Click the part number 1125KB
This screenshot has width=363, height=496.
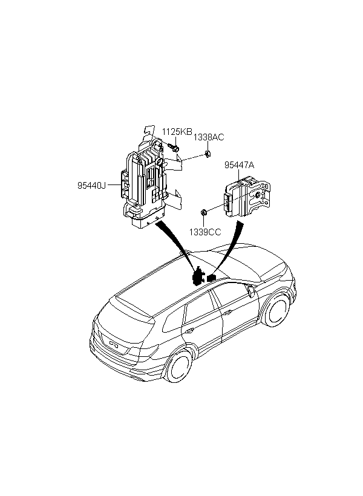(x=177, y=132)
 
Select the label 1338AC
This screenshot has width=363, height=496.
(x=209, y=137)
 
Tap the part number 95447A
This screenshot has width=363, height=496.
(x=239, y=165)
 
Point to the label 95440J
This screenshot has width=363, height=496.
(x=91, y=185)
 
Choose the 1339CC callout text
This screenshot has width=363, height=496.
(x=205, y=232)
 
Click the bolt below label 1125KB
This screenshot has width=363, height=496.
(x=174, y=147)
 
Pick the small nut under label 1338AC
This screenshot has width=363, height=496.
(x=208, y=154)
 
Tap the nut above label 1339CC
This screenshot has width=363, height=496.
(x=204, y=212)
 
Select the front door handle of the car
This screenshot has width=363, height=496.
(x=227, y=313)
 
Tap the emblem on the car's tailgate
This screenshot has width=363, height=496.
(x=114, y=344)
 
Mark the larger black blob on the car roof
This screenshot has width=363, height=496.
(x=198, y=276)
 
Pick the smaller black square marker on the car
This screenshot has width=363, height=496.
(x=211, y=278)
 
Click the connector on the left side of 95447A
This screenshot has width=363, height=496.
(x=227, y=202)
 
